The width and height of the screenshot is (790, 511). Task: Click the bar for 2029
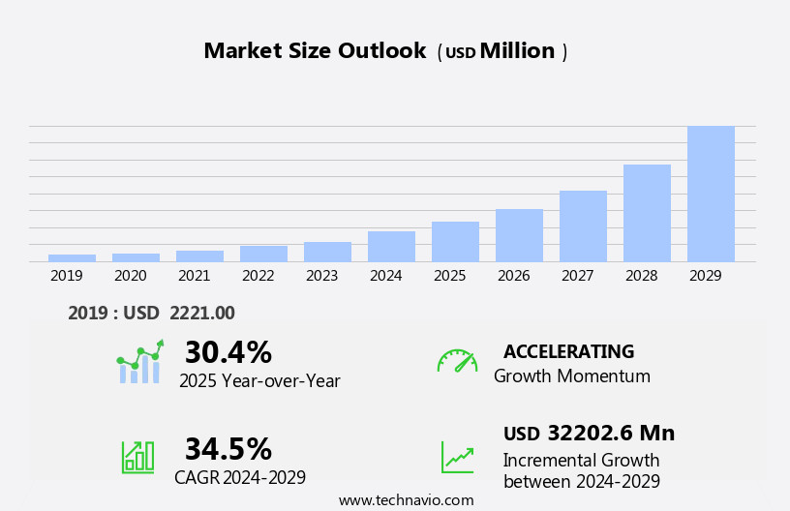(x=711, y=194)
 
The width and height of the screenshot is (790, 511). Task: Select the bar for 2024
(x=391, y=247)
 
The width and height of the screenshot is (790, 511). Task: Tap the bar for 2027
(x=583, y=226)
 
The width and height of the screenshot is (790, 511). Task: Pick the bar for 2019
(x=72, y=257)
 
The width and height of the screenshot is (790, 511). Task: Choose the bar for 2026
(x=519, y=235)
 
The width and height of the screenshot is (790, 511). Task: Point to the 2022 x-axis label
(x=258, y=276)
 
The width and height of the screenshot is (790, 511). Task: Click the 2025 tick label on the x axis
(x=449, y=276)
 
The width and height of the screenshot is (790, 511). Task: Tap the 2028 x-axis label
(x=641, y=276)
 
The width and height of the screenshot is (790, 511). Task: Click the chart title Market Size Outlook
(x=315, y=51)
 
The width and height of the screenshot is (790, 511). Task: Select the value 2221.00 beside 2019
(x=201, y=313)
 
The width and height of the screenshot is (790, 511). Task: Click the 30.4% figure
(x=228, y=352)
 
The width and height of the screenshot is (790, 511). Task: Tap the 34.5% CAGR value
(x=228, y=449)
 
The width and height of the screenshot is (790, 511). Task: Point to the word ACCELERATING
(x=568, y=351)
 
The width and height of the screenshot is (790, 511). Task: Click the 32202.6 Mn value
(x=610, y=433)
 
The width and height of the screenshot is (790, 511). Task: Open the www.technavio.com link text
(x=406, y=500)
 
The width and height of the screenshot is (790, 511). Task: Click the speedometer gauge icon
(x=457, y=361)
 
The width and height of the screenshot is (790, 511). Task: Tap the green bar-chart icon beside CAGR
(x=137, y=456)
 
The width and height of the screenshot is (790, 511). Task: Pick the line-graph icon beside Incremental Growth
(x=457, y=456)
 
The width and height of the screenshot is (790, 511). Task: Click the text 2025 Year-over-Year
(x=259, y=381)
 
